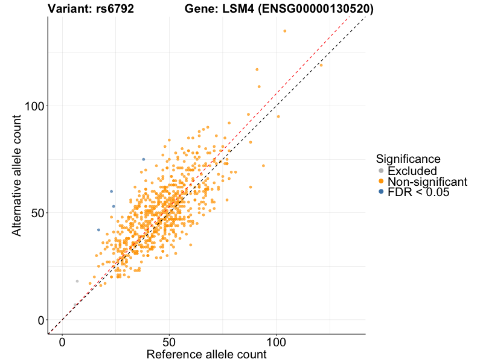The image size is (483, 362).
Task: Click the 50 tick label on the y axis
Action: coord(36,213)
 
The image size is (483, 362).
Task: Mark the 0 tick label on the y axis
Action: coord(40,320)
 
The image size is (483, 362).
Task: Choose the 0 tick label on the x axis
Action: coord(62,342)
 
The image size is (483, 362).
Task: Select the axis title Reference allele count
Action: coord(206,354)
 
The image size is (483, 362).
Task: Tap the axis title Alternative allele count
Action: coord(18,175)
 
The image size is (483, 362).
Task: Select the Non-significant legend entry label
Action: coord(427,182)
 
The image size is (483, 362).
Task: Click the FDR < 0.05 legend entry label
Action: coord(418,192)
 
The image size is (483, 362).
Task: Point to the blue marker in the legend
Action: coord(380,192)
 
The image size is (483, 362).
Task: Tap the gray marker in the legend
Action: coord(380,171)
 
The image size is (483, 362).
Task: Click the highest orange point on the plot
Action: coord(285,31)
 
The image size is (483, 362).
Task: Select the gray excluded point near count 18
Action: coord(77,281)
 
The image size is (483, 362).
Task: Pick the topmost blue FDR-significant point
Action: coord(143,159)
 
